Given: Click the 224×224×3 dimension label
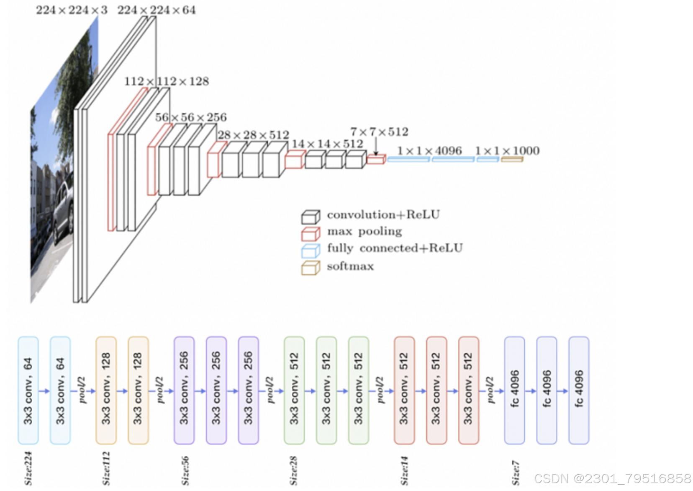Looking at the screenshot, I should pyautogui.click(x=72, y=10).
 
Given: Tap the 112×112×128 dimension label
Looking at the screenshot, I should pyautogui.click(x=167, y=81).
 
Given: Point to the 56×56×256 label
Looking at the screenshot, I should pyautogui.click(x=191, y=117).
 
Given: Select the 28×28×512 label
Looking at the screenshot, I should pyautogui.click(x=253, y=135).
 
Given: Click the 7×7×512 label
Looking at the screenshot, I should pyautogui.click(x=379, y=132).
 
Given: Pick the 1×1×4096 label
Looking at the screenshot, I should pyautogui.click(x=429, y=151).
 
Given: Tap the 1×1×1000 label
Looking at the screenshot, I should pyautogui.click(x=507, y=151).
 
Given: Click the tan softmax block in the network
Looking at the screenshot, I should pyautogui.click(x=512, y=159).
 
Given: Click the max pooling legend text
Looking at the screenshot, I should pyautogui.click(x=364, y=231).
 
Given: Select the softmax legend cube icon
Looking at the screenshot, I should pyautogui.click(x=311, y=268).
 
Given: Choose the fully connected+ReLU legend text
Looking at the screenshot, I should pyautogui.click(x=395, y=248).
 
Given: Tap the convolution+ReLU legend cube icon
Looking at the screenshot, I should pyautogui.click(x=311, y=217).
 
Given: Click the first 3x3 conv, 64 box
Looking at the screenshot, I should pyautogui.click(x=28, y=390).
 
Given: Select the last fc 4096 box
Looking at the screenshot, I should pyautogui.click(x=579, y=390).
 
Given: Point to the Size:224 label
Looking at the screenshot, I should pyautogui.click(x=28, y=468).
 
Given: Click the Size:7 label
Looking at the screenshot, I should pyautogui.click(x=516, y=473).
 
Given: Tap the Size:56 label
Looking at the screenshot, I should pyautogui.click(x=185, y=470).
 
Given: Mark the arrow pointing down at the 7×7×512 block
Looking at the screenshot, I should pyautogui.click(x=376, y=147).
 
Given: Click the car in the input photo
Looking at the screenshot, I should pyautogui.click(x=63, y=209).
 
